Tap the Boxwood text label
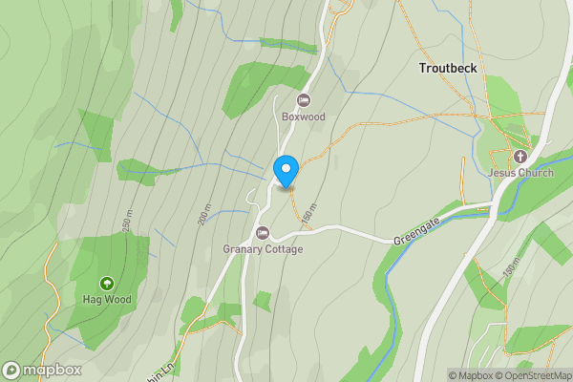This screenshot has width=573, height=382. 304,117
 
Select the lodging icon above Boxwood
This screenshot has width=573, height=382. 304,100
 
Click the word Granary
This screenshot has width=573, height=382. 244,250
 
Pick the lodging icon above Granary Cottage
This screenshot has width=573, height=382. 263,233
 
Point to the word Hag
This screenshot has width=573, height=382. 92,300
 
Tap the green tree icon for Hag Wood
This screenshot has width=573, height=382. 106,284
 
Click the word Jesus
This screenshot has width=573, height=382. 501,173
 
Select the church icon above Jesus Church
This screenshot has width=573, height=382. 520,156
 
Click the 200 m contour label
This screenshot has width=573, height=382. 205,215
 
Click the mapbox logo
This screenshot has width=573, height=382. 42,370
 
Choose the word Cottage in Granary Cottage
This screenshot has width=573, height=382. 285,250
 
